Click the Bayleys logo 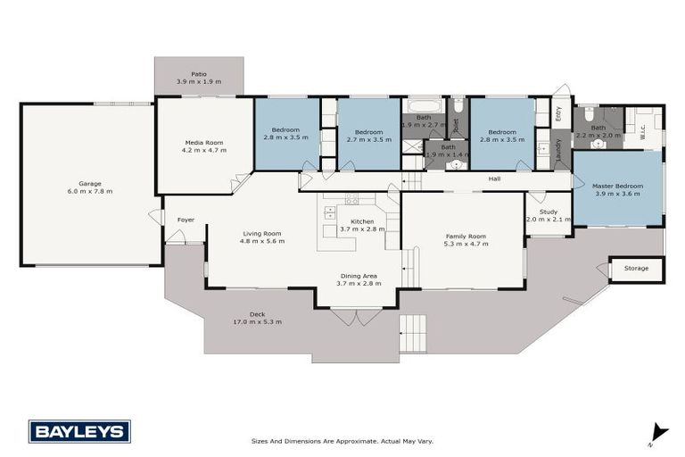tap(79, 431)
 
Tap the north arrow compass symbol tap(657, 433)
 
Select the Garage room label tap(89, 183)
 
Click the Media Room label tap(204, 142)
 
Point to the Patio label tap(198, 74)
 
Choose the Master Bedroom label tap(618, 186)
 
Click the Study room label tap(548, 212)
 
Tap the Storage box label tap(637, 267)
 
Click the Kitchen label tap(362, 220)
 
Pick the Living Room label tap(262, 233)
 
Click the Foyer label tap(186, 219)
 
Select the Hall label tap(493, 179)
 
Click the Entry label tap(559, 113)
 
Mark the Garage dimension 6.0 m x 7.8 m tap(89, 191)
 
